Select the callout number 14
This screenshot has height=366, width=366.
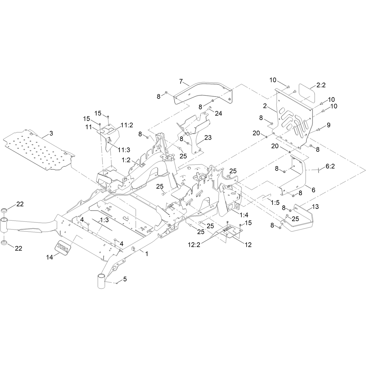pyautogui.click(x=49, y=257)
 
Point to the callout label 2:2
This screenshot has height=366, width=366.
pyautogui.click(x=321, y=85)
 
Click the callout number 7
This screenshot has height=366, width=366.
pyautogui.click(x=181, y=81)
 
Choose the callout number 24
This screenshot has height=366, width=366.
pyautogui.click(x=218, y=113)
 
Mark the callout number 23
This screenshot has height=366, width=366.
pyautogui.click(x=208, y=137)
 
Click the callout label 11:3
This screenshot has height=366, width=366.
pyautogui.click(x=124, y=150)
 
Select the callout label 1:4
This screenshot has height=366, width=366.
pyautogui.click(x=244, y=215)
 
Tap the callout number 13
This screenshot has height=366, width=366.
pyautogui.click(x=315, y=207)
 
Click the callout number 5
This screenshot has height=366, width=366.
pyautogui.click(x=125, y=279)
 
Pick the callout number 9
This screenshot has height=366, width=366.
pyautogui.click(x=328, y=125)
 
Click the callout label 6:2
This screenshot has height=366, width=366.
pyautogui.click(x=330, y=166)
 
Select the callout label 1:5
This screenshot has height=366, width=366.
pyautogui.click(x=275, y=202)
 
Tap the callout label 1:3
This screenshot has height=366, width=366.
pyautogui.click(x=104, y=220)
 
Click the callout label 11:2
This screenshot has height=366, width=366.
pyautogui.click(x=127, y=125)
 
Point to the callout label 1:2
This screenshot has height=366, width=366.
pyautogui.click(x=126, y=160)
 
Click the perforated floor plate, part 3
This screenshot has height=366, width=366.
pyautogui.click(x=39, y=150)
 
